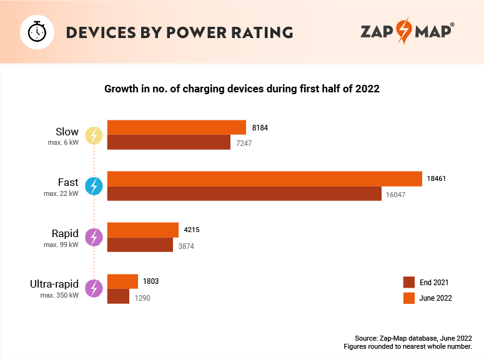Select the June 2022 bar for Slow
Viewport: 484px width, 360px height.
176,127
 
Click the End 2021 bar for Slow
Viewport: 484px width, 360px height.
169,143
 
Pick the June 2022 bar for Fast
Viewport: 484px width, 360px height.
265,178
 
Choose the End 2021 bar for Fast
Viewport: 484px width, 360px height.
244,194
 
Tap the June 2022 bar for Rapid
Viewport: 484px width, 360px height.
143,230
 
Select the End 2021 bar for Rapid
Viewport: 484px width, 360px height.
140,245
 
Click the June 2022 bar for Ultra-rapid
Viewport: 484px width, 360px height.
122,281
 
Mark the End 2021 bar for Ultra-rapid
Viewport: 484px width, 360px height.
118,296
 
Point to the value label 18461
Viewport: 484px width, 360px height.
437,178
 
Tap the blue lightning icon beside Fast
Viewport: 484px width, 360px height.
94,186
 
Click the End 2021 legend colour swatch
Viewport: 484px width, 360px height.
409,282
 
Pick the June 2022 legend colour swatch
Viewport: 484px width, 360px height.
409,298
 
